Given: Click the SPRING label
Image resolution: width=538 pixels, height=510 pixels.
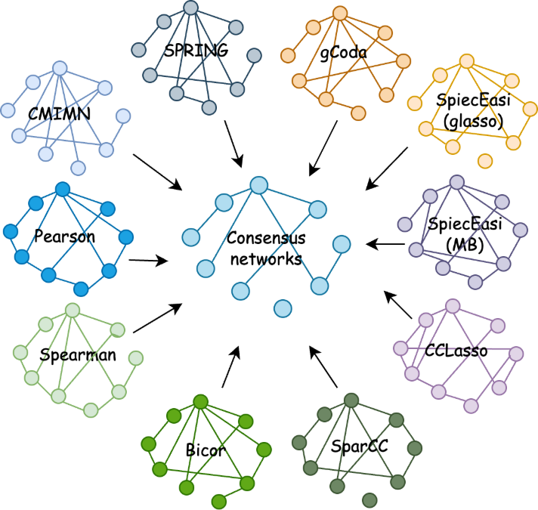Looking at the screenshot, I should [x=197, y=52].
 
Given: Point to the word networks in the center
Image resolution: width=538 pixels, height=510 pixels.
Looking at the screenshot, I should [x=266, y=259].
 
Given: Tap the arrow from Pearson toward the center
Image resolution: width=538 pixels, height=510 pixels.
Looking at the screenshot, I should [x=150, y=261].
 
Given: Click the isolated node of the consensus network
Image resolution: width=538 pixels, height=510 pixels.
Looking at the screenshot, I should [x=283, y=308].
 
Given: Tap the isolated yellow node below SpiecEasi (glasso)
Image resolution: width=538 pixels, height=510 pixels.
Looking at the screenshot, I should [x=484, y=160].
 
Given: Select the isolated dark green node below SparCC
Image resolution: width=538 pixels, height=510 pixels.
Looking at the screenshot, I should [x=369, y=499].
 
